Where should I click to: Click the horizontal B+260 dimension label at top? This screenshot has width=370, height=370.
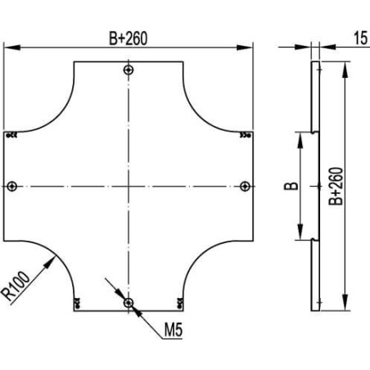(x=128, y=38)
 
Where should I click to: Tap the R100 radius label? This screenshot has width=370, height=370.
(x=16, y=286)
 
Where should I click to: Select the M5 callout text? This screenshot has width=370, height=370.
(x=174, y=330)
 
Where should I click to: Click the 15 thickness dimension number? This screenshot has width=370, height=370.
(x=361, y=38)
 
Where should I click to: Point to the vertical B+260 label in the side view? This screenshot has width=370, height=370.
(x=336, y=186)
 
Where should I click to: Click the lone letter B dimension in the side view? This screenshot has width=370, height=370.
(x=291, y=186)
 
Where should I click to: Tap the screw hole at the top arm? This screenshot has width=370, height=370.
(x=129, y=70)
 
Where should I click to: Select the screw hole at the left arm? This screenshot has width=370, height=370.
(x=11, y=187)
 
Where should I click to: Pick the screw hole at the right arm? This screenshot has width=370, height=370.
(x=246, y=187)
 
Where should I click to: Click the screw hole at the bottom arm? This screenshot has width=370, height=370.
(x=129, y=303)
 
